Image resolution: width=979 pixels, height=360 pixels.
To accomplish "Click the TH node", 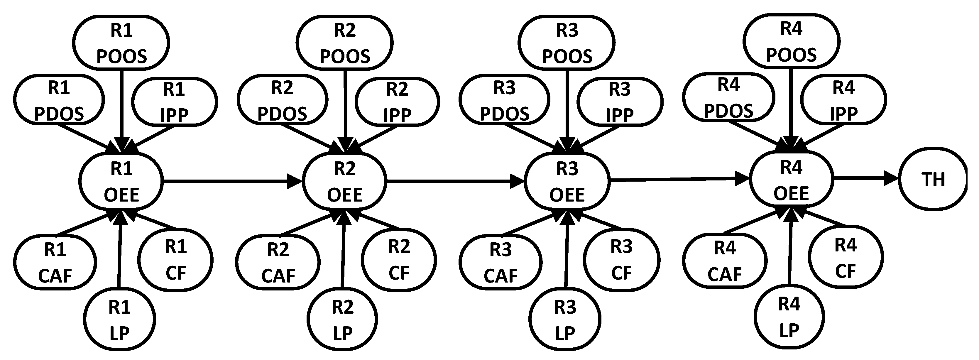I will coord(933,179).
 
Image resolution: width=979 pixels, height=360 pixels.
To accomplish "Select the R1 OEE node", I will coord(121,181).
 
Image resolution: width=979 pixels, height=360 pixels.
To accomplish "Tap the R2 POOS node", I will coord(345,43).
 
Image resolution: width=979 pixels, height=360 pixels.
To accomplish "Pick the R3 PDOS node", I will coord(504,100).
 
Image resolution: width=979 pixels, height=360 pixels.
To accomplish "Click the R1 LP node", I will coord(119,319).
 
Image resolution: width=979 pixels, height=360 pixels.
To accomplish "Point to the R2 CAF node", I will coord(278,262).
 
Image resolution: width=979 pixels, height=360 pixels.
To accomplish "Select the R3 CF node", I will coord(621,260).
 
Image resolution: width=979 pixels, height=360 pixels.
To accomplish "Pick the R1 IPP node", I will coord(175,102).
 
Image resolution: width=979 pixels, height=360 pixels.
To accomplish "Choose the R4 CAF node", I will coord(725,261).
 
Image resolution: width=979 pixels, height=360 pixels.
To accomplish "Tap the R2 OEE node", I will coord(344,181).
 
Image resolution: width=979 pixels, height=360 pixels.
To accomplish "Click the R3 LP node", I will coord(565,319).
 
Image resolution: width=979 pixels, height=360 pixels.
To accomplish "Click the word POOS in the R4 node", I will coord(791,55).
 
